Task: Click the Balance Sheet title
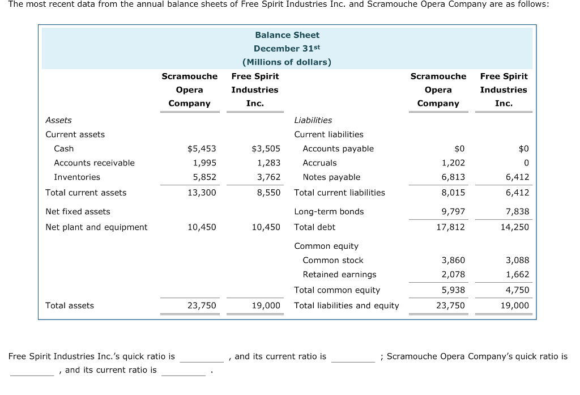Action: click(287, 35)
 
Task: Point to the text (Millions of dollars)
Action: click(287, 62)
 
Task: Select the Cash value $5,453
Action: click(202, 148)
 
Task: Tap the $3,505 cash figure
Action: click(266, 148)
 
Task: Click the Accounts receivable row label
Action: click(94, 163)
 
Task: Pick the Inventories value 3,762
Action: click(268, 177)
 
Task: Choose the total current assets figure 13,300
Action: click(202, 193)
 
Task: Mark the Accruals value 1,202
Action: click(453, 163)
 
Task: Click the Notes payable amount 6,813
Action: click(453, 177)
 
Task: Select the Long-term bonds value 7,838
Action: click(517, 211)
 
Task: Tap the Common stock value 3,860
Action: click(453, 260)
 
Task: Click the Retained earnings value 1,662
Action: click(517, 274)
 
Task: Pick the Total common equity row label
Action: click(337, 290)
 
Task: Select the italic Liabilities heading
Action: click(313, 120)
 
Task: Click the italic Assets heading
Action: click(58, 120)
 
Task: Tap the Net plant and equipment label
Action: click(96, 227)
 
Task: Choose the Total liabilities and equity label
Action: click(347, 305)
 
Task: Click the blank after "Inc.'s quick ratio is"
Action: click(202, 358)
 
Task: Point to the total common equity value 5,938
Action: click(453, 290)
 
